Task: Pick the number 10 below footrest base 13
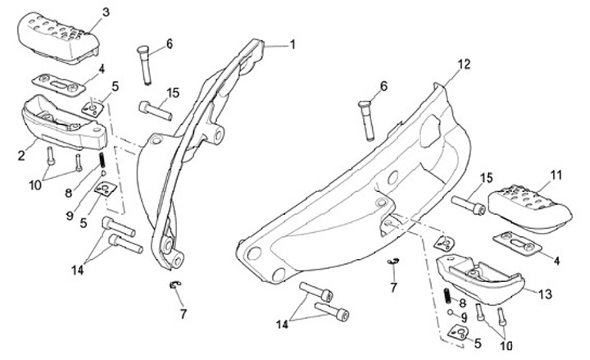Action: click(x=495, y=345)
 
